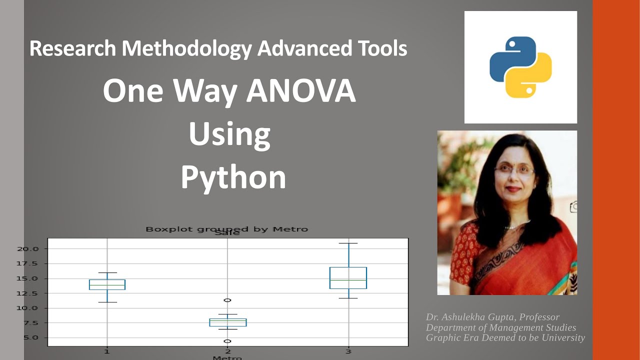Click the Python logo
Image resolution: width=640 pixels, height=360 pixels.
[520, 67]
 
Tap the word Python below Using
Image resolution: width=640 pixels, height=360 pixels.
[233, 177]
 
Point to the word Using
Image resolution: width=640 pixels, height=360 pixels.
[229, 134]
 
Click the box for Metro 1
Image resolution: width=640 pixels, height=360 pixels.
[107, 284]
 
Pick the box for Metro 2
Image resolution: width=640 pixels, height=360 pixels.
[227, 322]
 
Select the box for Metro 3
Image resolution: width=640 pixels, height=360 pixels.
[348, 278]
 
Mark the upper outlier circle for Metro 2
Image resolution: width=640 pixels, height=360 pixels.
[227, 300]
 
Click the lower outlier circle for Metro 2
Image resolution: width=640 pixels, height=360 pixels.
[227, 341]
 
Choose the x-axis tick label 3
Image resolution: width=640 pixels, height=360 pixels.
[348, 352]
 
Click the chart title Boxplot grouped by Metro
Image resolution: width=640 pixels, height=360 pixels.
[226, 229]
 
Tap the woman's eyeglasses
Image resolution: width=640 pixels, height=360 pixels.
[514, 169]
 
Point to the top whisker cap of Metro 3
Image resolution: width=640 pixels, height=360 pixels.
[348, 243]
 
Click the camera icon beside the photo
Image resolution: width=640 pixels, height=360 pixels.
[574, 206]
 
